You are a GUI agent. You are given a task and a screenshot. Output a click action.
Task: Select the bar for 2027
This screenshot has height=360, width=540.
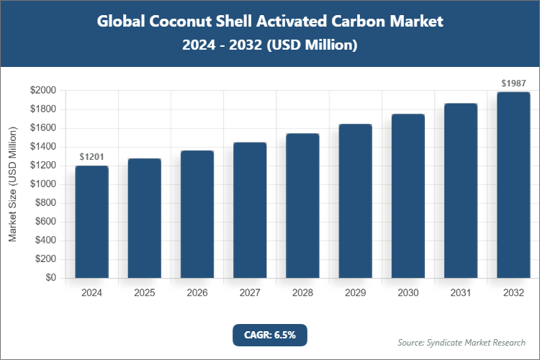pos(250,210)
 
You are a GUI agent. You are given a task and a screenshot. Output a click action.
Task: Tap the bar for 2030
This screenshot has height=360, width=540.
pos(408,196)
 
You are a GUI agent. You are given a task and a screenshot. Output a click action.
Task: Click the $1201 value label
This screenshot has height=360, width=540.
pos(91,157)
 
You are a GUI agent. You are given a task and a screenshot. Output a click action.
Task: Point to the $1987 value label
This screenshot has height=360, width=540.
pos(513,84)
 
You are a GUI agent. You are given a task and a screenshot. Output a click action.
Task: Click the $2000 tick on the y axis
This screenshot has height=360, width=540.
pos(44,91)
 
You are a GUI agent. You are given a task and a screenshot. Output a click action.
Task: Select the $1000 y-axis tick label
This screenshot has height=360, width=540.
pos(44,184)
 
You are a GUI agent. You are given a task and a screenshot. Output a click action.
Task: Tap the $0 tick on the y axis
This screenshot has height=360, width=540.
pos(52,278)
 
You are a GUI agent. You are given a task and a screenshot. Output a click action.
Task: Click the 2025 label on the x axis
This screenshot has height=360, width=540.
pos(144,293)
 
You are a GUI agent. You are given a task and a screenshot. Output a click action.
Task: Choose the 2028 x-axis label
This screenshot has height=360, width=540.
pos(302,293)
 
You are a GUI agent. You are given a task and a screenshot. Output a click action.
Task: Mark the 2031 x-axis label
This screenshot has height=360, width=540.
pos(461,293)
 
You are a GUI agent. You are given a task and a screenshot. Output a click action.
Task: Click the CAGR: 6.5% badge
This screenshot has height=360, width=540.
pos(270,335)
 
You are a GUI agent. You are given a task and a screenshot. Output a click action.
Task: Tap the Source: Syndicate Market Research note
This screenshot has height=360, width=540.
pos(462,342)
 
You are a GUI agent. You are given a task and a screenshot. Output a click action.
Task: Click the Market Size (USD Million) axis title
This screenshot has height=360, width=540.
pos(13,184)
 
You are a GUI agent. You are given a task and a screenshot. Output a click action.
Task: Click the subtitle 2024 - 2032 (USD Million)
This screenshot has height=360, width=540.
pos(270,45)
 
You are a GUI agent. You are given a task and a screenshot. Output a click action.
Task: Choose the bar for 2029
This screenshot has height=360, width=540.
pos(355,201)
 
